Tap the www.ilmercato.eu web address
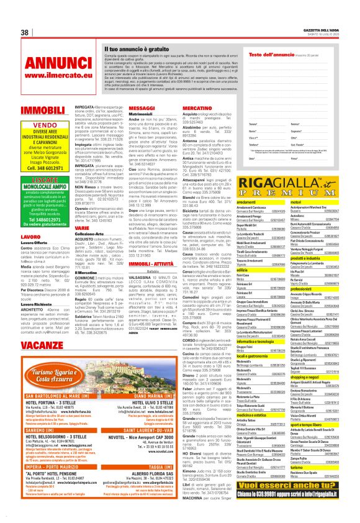[50, 75]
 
